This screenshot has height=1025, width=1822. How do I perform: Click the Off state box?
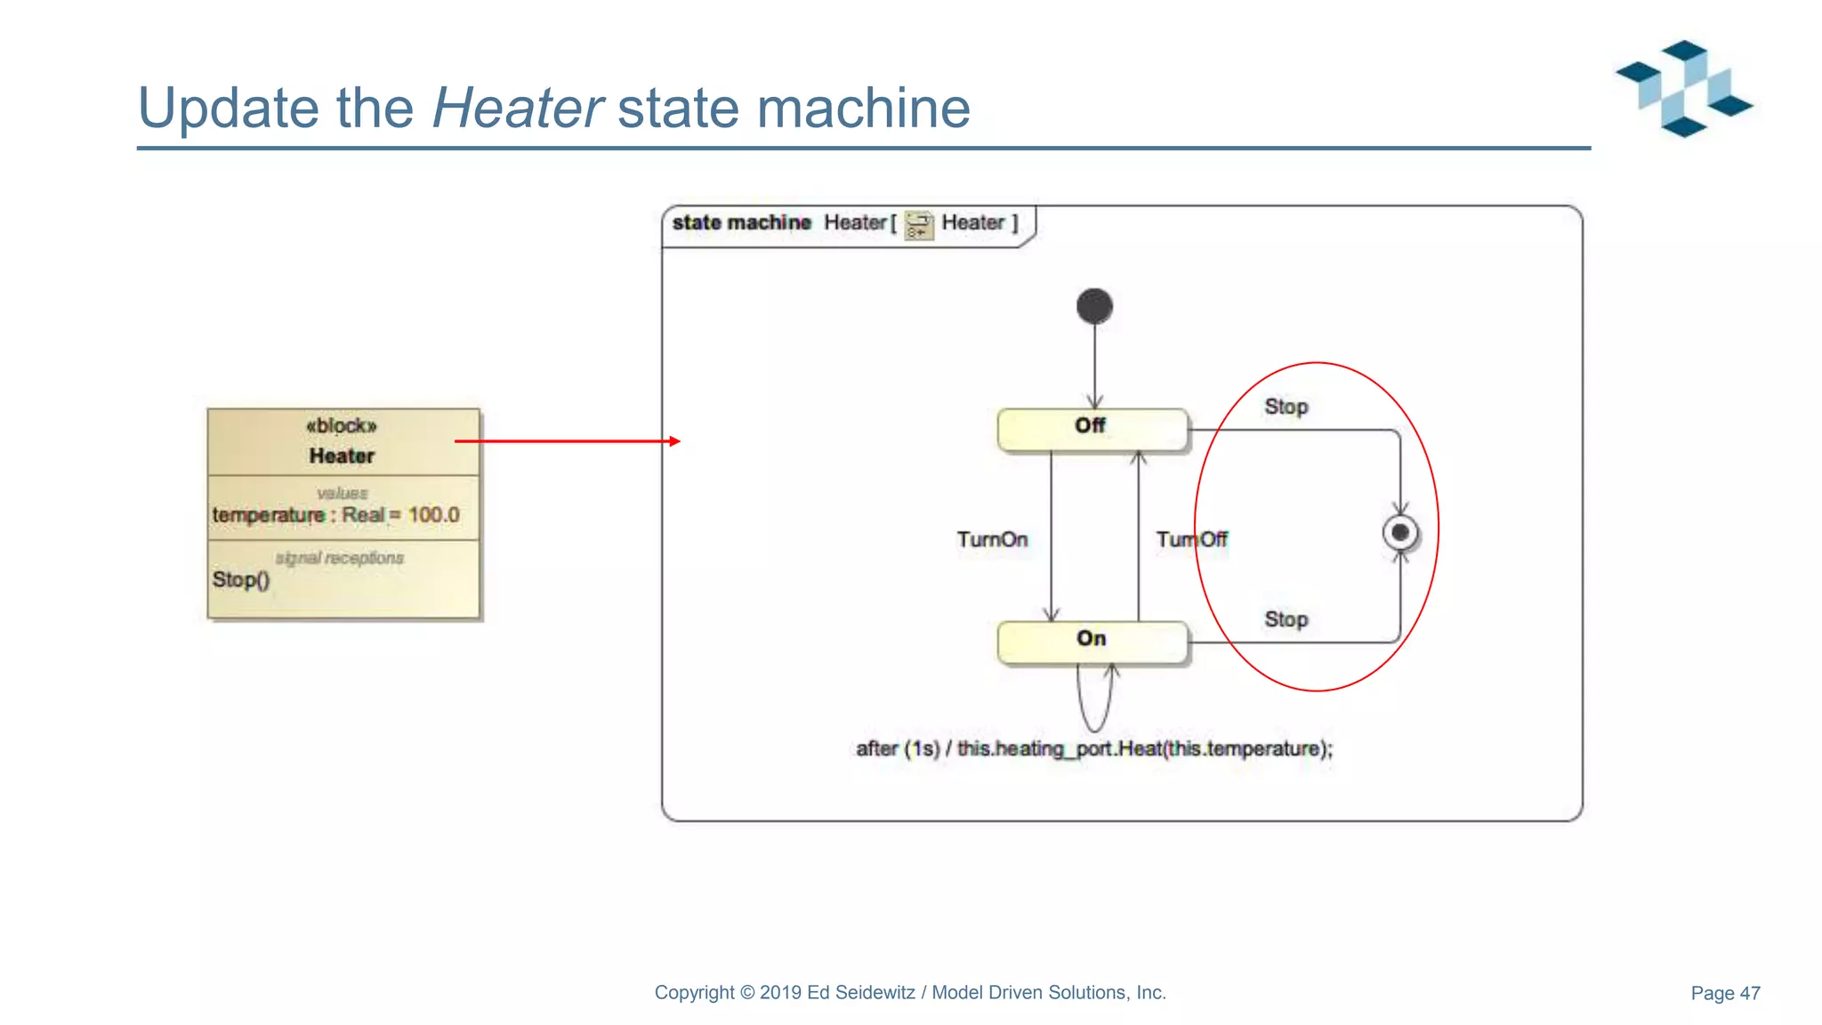(1092, 430)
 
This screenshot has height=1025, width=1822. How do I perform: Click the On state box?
(1092, 642)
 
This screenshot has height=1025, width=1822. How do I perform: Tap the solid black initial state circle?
(1094, 306)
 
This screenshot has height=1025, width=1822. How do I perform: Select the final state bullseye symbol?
(1400, 533)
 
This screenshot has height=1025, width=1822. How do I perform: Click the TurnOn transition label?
(992, 539)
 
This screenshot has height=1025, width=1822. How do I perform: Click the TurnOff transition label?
(1191, 539)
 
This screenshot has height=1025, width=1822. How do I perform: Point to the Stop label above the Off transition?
(1286, 407)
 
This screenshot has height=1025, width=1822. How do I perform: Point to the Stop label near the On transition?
(1286, 619)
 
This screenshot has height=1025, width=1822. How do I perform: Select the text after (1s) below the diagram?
(898, 749)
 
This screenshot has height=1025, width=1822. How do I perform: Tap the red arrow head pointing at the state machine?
(675, 441)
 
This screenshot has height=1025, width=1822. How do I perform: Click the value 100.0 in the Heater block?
(433, 515)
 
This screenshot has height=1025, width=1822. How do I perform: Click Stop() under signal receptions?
(240, 580)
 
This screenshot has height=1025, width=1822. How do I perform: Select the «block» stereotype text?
(342, 425)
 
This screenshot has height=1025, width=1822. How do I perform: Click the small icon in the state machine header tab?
(918, 224)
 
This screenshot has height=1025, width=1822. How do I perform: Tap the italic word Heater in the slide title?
(517, 108)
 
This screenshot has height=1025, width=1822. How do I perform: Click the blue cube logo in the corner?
(1683, 88)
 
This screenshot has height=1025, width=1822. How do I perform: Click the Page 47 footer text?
(1724, 993)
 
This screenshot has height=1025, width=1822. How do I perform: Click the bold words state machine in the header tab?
(741, 222)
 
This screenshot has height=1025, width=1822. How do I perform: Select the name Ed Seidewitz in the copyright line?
(860, 993)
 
